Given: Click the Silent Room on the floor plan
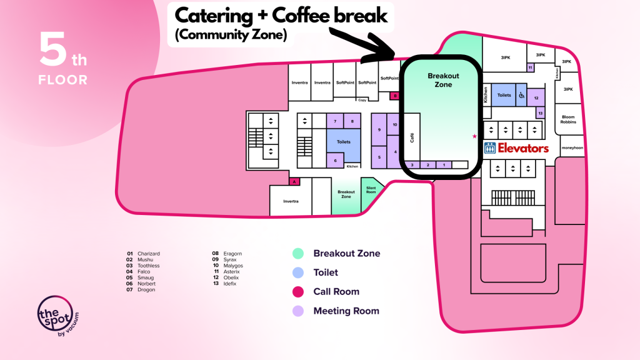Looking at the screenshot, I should tap(371, 190).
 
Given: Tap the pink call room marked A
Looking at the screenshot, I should tap(294, 181).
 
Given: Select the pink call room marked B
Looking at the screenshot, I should tap(394, 96).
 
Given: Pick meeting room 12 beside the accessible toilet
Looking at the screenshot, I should tap(536, 97).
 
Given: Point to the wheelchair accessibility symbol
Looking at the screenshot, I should tap(521, 96).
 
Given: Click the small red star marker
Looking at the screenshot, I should tap(474, 136).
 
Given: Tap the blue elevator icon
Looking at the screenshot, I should tap(491, 148).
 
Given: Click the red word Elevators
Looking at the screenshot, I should tap(523, 148).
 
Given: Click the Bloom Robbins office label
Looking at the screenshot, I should tap(567, 119).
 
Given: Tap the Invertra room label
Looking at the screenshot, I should tap(291, 201).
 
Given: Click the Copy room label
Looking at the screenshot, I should tap(362, 100).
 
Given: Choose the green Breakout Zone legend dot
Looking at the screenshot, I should tap(299, 253).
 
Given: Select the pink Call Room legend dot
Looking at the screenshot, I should tap(299, 291).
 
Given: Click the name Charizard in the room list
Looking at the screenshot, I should tap(149, 254).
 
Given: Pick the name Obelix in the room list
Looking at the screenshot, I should tap(233, 277).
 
